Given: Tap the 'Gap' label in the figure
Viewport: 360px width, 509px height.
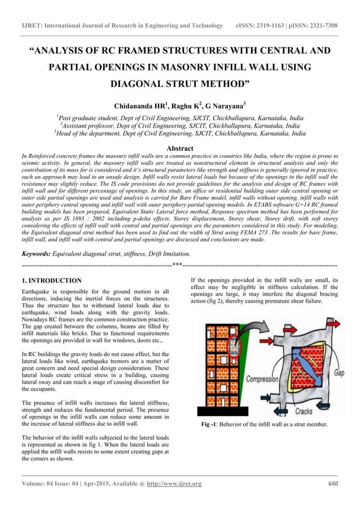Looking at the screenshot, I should (x=339, y=374).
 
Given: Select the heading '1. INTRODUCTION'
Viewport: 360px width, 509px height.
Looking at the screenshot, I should (x=51, y=280).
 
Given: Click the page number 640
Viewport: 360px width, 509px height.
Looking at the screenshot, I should (x=333, y=484).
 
